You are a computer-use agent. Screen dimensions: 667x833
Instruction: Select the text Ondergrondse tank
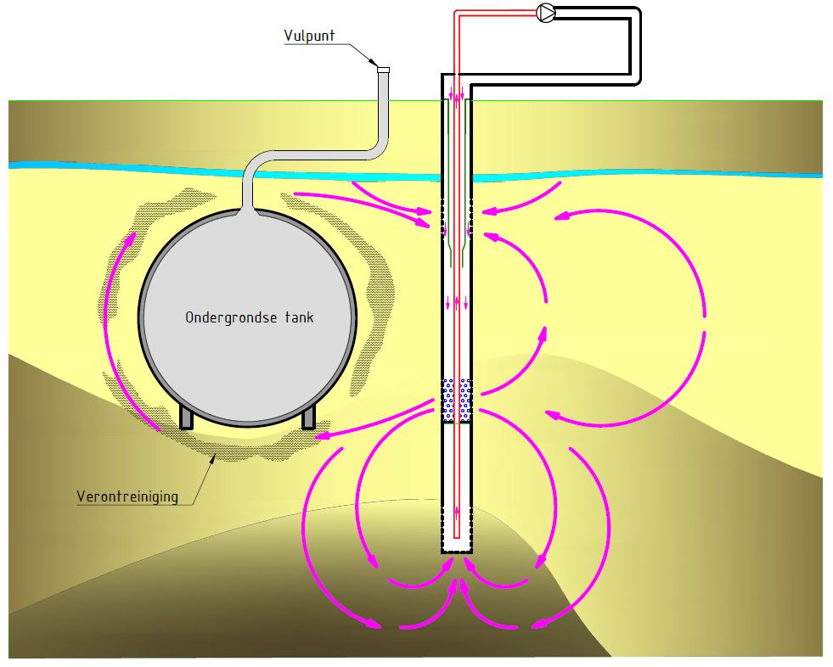point(250,317)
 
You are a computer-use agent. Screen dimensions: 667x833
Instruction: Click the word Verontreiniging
point(127,496)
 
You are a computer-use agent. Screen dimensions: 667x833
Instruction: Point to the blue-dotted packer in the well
point(457,401)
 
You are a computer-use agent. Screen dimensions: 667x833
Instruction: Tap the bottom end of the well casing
point(457,552)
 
